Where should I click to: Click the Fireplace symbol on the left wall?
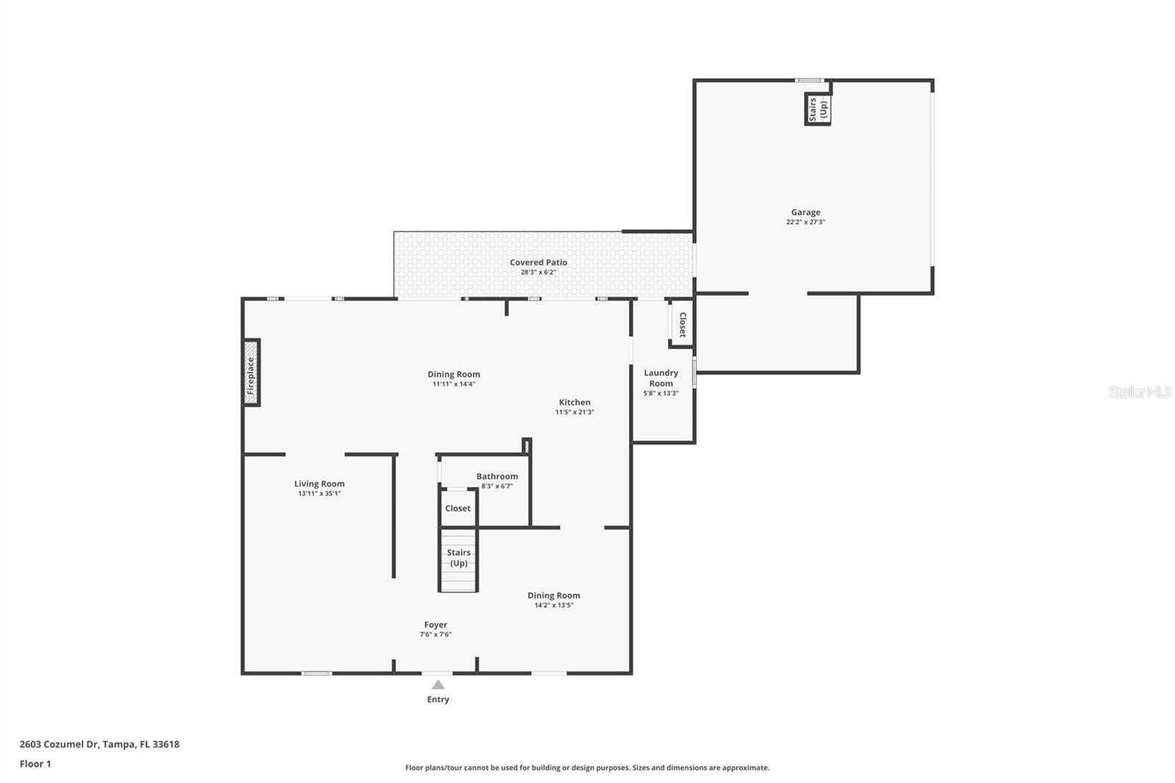(x=251, y=372)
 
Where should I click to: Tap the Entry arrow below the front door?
(x=438, y=685)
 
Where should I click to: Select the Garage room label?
(x=806, y=212)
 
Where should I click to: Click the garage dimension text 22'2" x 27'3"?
(x=806, y=222)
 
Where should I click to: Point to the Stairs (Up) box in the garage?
(x=818, y=109)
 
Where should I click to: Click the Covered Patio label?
(x=538, y=262)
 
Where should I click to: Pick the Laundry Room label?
(x=661, y=378)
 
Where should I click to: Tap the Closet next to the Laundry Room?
(x=681, y=324)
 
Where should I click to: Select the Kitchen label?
(x=574, y=403)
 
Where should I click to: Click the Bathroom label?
(x=497, y=477)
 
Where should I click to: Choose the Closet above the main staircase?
(x=458, y=508)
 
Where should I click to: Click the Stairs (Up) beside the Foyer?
(x=458, y=558)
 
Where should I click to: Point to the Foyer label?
(x=435, y=625)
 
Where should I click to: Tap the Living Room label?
(x=319, y=484)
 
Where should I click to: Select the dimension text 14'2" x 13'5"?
(x=554, y=605)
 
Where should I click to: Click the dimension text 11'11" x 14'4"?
(x=454, y=384)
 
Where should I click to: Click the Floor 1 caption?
(x=35, y=764)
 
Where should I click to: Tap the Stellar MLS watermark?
(x=1140, y=392)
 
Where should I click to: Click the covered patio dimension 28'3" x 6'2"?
(x=538, y=272)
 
